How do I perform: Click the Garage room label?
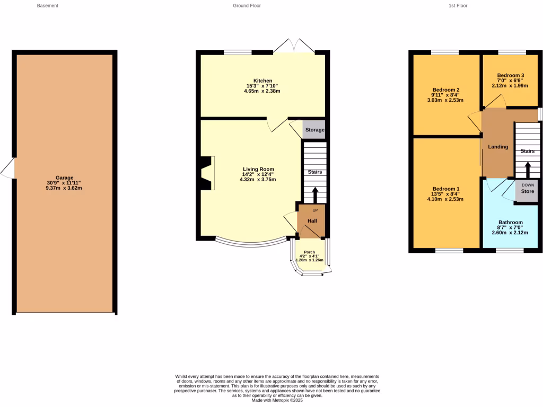click(64, 178)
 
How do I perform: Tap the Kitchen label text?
click(262, 81)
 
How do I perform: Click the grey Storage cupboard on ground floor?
click(314, 130)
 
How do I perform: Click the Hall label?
click(312, 220)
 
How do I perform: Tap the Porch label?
click(310, 252)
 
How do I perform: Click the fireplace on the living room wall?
click(206, 173)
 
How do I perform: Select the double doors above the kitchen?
click(294, 46)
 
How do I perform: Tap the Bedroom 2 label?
click(445, 90)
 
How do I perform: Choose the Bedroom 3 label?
click(511, 75)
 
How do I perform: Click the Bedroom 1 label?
click(445, 189)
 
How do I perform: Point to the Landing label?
click(498, 147)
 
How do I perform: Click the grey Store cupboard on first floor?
click(527, 191)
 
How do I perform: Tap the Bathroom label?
click(510, 222)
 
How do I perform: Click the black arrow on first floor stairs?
click(527, 170)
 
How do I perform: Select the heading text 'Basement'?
click(48, 6)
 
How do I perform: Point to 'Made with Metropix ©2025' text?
click(277, 400)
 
